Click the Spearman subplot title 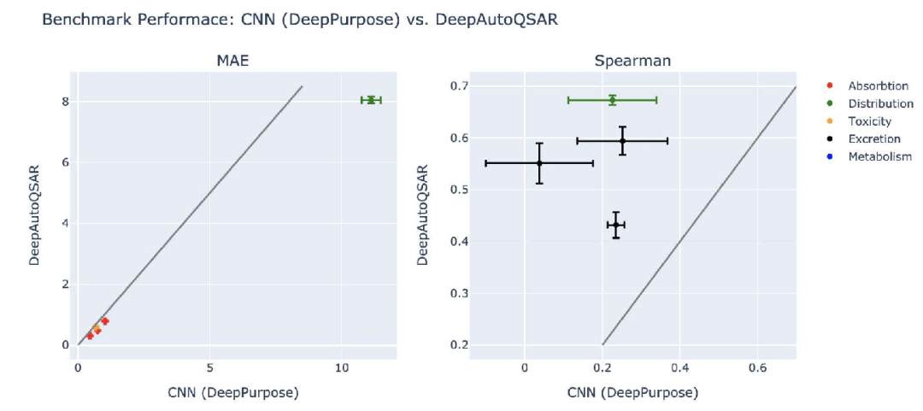pos(632,62)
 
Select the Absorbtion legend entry pos(877,86)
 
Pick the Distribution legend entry pos(880,103)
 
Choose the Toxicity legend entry pos(869,121)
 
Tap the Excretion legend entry pos(873,138)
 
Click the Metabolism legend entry pos(879,156)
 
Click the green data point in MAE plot pos(371,100)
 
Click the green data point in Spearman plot pos(612,100)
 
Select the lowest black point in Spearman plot pos(615,225)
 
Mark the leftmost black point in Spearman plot pos(539,162)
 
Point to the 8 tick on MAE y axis pos(65,101)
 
